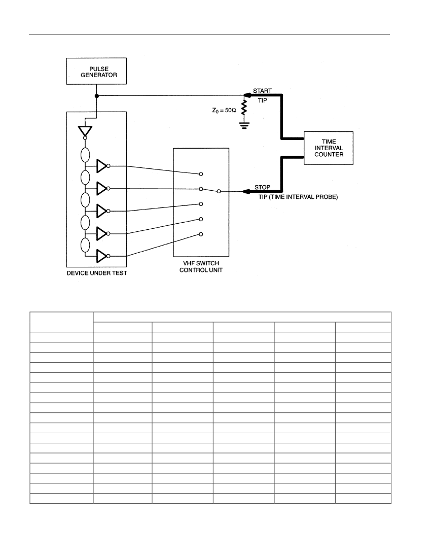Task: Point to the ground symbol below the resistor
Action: point(244,125)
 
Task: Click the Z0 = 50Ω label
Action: point(224,110)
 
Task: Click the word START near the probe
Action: point(263,91)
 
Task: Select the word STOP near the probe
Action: point(262,187)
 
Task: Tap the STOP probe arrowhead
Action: point(246,191)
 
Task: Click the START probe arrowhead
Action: point(247,95)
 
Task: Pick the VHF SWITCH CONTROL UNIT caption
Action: point(201,266)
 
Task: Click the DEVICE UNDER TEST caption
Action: point(97,273)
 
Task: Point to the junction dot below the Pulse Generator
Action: point(97,96)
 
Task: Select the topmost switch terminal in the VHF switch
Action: point(201,174)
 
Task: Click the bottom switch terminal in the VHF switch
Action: point(201,234)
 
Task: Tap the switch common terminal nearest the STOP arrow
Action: point(219,191)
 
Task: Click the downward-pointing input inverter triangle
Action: point(85,131)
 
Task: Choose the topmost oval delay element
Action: point(85,155)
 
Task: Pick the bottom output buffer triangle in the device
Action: point(102,256)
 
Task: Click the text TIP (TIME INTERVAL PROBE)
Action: point(298,197)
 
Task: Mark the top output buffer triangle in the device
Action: point(102,166)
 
